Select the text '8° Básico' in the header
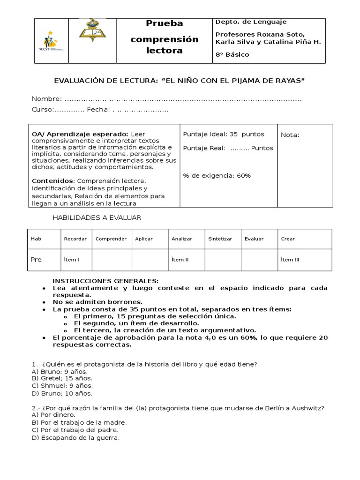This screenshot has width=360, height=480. point(232,54)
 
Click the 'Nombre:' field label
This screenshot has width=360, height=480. point(46,98)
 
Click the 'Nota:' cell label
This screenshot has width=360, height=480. point(290,135)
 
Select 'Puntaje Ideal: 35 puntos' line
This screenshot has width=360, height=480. point(224,134)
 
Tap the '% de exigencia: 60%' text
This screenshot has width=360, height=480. point(217,176)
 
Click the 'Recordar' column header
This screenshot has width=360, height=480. point(75,239)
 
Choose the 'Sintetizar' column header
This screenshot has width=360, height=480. point(220,239)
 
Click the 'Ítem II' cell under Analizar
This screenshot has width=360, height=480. point(180,260)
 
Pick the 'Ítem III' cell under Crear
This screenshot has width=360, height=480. point(290,260)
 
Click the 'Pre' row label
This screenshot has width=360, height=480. point(36,260)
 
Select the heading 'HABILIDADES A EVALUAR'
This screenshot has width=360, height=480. point(96,217)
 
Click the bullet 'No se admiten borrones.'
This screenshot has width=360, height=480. point(97,302)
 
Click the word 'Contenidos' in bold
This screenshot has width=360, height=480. point(52,181)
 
